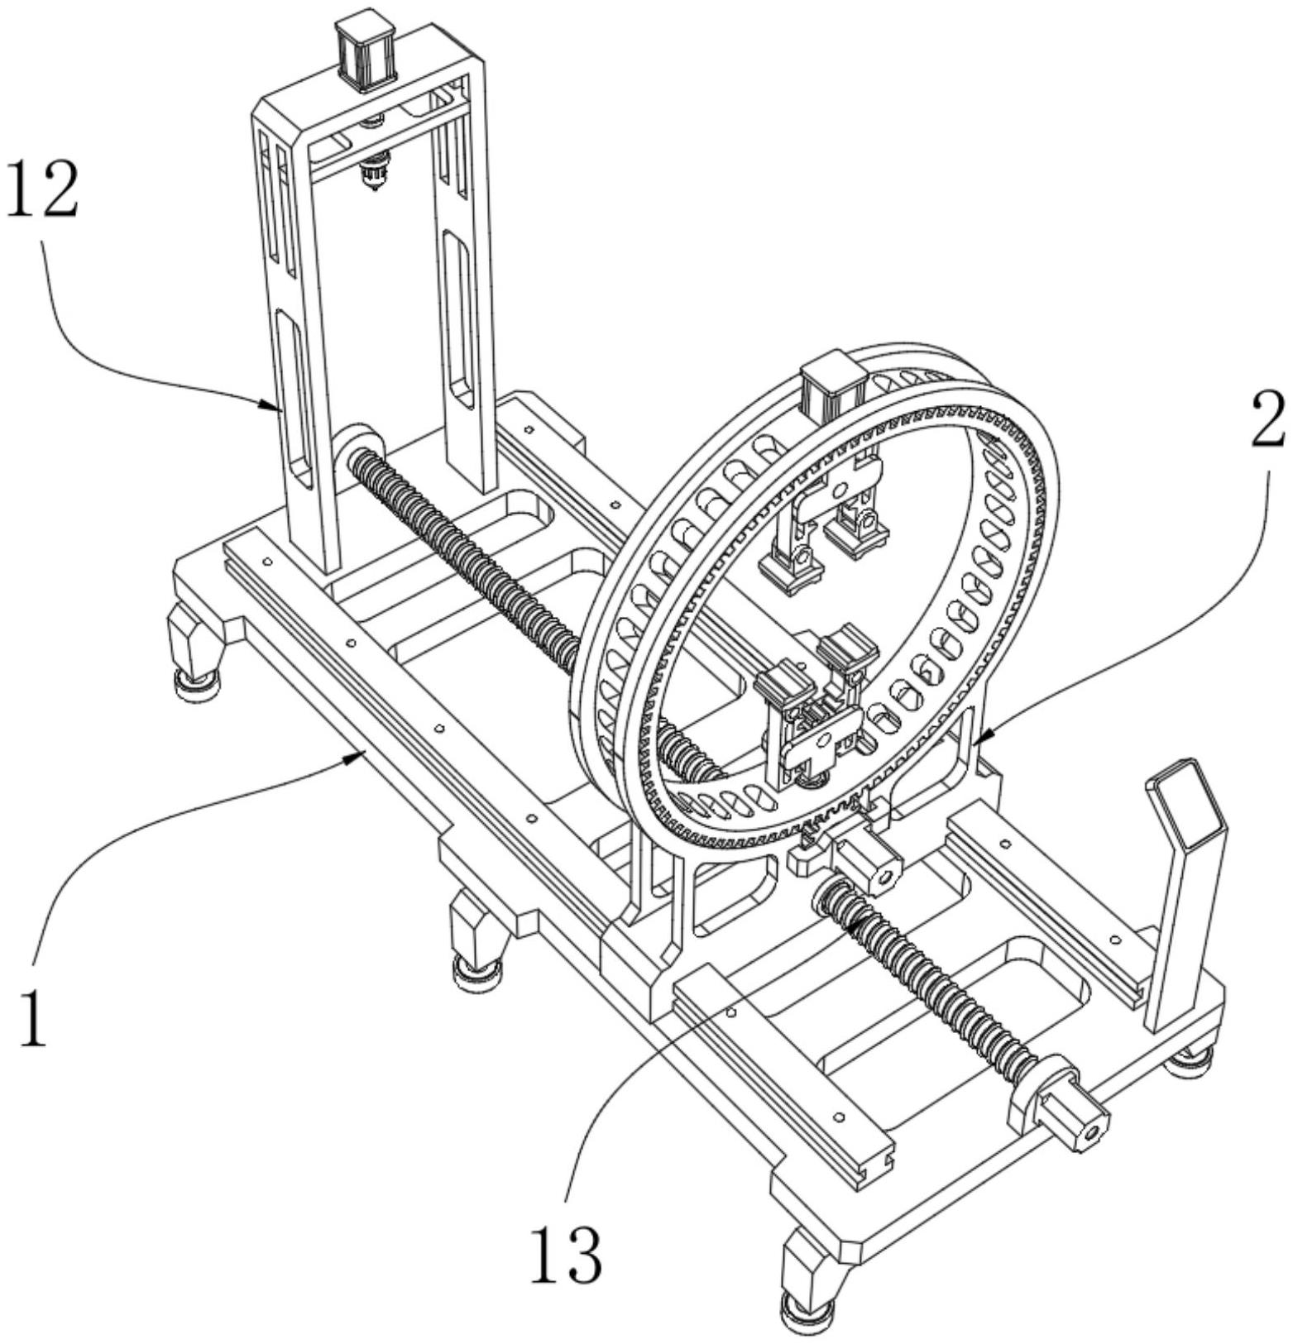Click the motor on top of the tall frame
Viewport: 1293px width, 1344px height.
tap(365, 51)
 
